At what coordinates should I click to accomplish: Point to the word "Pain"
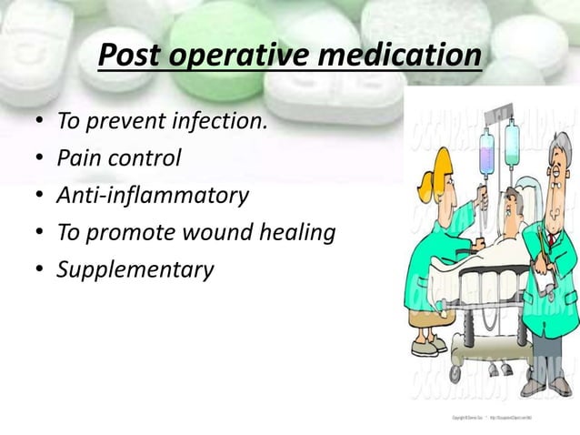(76, 158)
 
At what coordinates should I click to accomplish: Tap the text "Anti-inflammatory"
(152, 196)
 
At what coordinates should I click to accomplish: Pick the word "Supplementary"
(135, 270)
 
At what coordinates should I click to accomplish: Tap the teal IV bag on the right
(514, 143)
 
